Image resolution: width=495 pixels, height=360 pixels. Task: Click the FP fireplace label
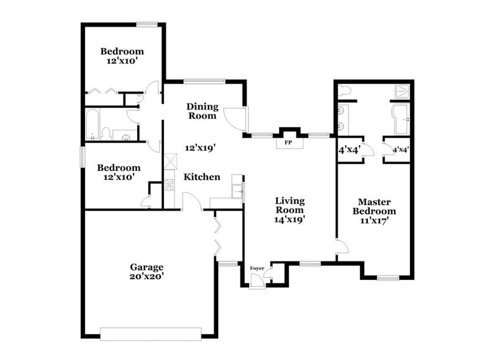(x=288, y=143)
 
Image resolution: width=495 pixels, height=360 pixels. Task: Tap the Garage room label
(x=147, y=267)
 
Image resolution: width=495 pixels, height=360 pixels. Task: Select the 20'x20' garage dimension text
(x=147, y=276)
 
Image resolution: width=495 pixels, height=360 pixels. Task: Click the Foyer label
(x=258, y=268)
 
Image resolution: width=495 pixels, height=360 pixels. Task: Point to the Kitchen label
(x=203, y=177)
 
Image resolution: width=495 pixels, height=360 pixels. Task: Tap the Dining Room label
(x=202, y=110)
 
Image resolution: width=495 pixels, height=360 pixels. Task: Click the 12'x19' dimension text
(x=201, y=147)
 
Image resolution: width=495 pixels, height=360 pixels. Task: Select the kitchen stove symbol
(x=169, y=182)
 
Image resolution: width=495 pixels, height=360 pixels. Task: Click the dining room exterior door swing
(x=235, y=117)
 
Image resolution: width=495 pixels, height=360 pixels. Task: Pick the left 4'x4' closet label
(x=349, y=149)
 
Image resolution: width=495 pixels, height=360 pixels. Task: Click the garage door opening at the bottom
(x=151, y=334)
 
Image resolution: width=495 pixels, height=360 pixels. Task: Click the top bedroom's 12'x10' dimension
(x=122, y=62)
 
